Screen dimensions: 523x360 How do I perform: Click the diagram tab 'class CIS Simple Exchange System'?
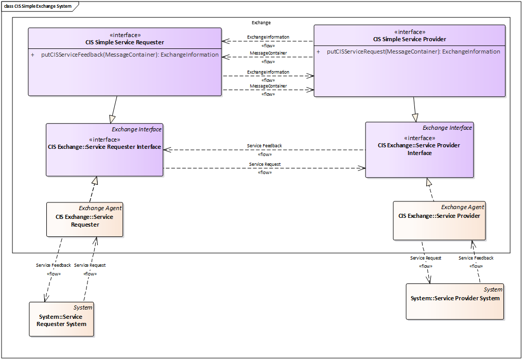(x=38, y=6)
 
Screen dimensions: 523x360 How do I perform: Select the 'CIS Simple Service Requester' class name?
(x=125, y=42)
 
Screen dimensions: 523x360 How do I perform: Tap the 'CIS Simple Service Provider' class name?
(x=410, y=39)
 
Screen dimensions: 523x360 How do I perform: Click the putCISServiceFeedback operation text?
(x=130, y=55)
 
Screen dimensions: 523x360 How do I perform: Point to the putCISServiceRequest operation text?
(x=413, y=52)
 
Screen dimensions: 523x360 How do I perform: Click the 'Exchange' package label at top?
(x=261, y=23)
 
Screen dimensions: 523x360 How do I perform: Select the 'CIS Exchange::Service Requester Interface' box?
(x=104, y=150)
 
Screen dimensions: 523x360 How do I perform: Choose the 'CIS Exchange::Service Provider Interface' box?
(x=419, y=150)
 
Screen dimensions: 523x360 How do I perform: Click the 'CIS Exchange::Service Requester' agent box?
(x=85, y=219)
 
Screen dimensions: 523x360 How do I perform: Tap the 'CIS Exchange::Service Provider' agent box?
(x=439, y=220)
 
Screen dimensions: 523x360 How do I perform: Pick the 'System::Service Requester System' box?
(x=61, y=319)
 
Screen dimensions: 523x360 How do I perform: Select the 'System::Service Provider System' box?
(x=455, y=302)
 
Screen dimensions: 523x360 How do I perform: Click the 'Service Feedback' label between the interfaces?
(x=265, y=146)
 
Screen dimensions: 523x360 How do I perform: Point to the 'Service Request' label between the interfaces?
(x=265, y=164)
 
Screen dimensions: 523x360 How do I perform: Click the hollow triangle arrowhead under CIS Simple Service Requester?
(x=112, y=119)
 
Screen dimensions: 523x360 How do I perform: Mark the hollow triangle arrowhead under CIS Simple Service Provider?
(x=415, y=118)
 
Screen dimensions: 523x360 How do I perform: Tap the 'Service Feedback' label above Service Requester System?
(x=54, y=265)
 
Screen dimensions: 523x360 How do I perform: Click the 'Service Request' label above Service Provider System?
(x=426, y=258)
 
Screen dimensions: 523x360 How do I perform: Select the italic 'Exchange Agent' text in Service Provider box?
(x=462, y=207)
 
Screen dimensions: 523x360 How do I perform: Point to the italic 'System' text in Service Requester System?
(x=83, y=307)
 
